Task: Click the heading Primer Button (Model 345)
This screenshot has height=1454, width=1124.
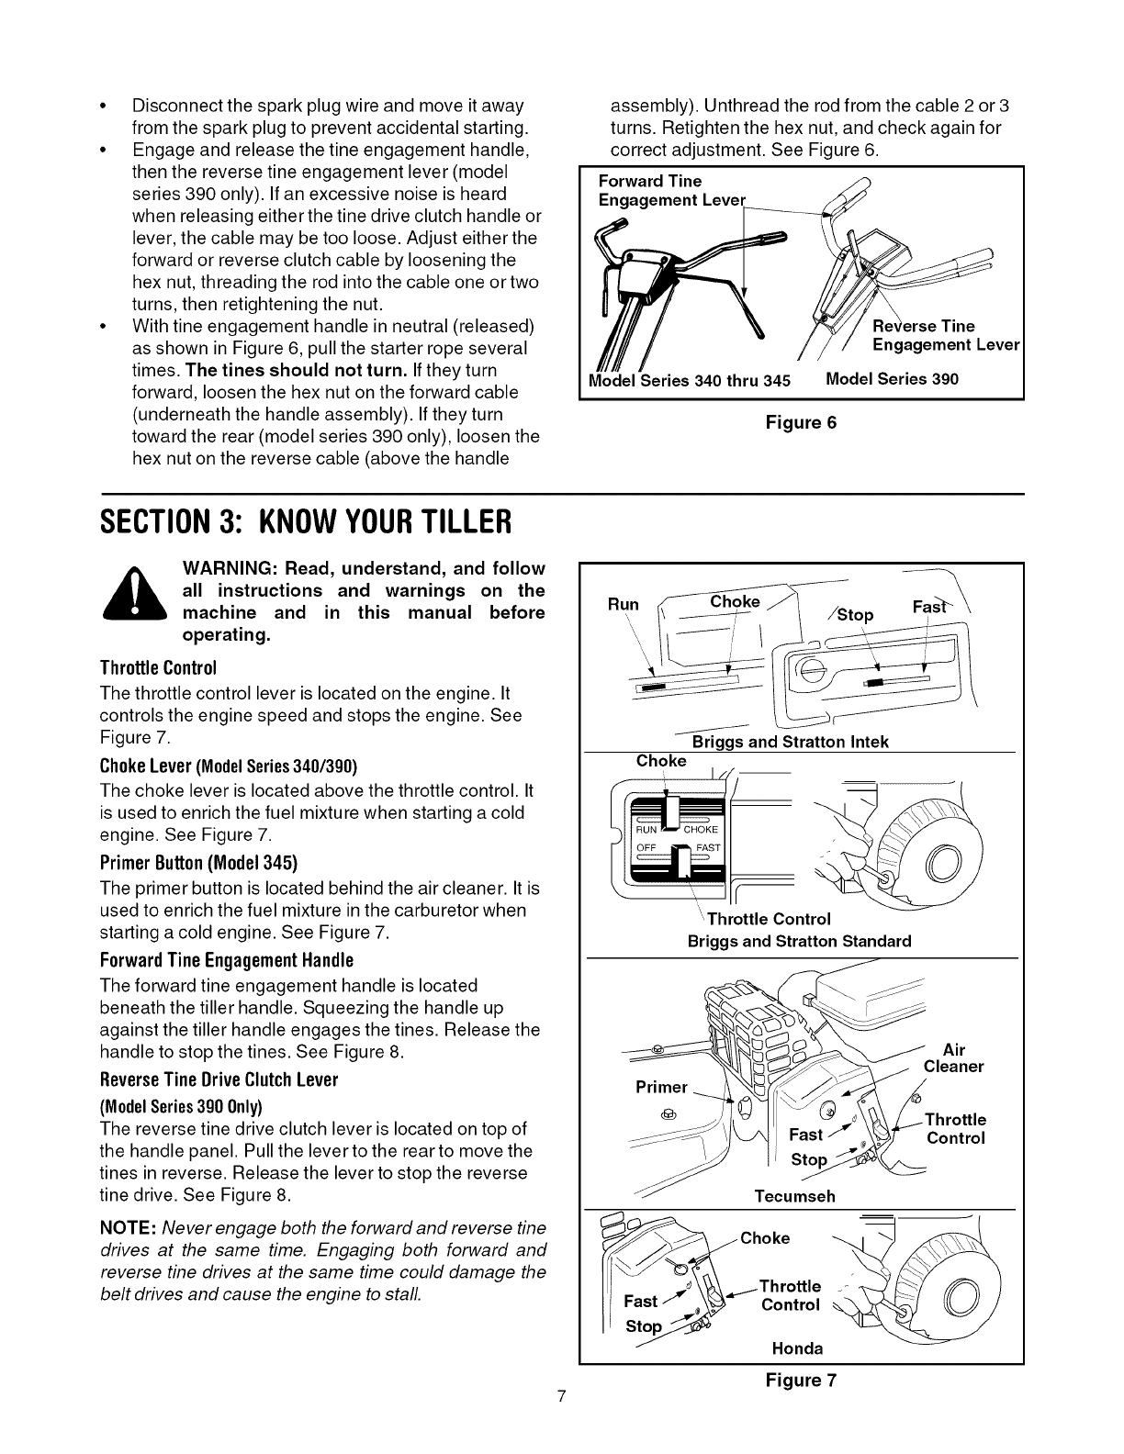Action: [x=198, y=864]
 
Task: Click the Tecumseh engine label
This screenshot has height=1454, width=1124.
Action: [x=794, y=1196]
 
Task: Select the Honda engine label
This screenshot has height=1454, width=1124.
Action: [x=797, y=1348]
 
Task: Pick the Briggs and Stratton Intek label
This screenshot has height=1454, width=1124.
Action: [x=790, y=742]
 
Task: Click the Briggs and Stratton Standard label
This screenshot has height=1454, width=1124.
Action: [x=799, y=941]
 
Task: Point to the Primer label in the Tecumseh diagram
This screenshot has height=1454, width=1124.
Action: [x=661, y=1087]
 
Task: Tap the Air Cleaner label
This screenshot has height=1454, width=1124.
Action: [x=953, y=1058]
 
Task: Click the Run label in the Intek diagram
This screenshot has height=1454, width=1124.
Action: [x=623, y=604]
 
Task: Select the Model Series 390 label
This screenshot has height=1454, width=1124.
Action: [x=893, y=379]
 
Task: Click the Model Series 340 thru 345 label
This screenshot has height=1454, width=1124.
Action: [x=689, y=381]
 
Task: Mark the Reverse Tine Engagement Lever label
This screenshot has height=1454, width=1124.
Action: [x=946, y=335]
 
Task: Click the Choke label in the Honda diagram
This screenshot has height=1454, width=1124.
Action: [x=765, y=1238]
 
